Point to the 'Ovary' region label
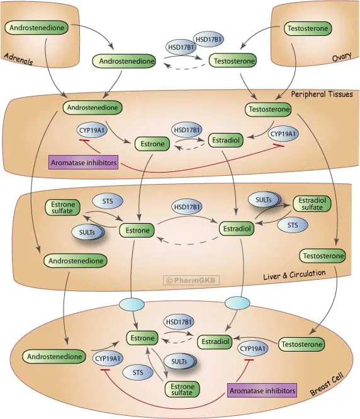pyautogui.click(x=342, y=59)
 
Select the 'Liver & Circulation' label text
pyautogui.click(x=294, y=274)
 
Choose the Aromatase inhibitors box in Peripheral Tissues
pyautogui.click(x=83, y=161)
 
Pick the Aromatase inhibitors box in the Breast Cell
pyautogui.click(x=262, y=391)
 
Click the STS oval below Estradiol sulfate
pyautogui.click(x=293, y=224)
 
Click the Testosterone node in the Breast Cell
pyautogui.click(x=301, y=344)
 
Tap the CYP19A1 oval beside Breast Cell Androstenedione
pyautogui.click(x=107, y=359)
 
